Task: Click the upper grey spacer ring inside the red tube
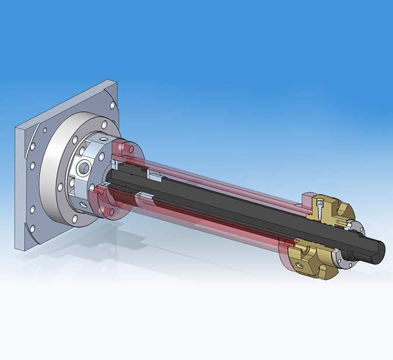point(156,174)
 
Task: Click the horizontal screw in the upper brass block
point(336,223)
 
